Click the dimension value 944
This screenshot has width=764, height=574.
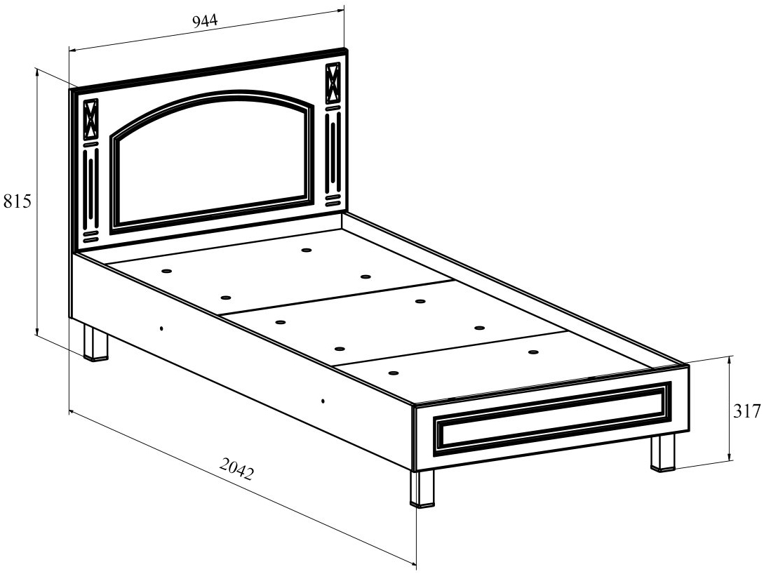click(x=205, y=20)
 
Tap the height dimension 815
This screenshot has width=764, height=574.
click(x=17, y=202)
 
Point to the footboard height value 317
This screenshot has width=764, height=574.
click(x=747, y=412)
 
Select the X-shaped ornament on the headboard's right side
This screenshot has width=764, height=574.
click(x=333, y=83)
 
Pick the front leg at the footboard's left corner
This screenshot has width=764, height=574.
click(x=422, y=488)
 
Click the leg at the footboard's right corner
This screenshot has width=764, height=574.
click(x=662, y=453)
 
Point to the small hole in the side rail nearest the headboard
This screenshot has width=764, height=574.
click(x=161, y=328)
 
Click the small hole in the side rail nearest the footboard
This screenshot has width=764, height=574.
click(x=323, y=401)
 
